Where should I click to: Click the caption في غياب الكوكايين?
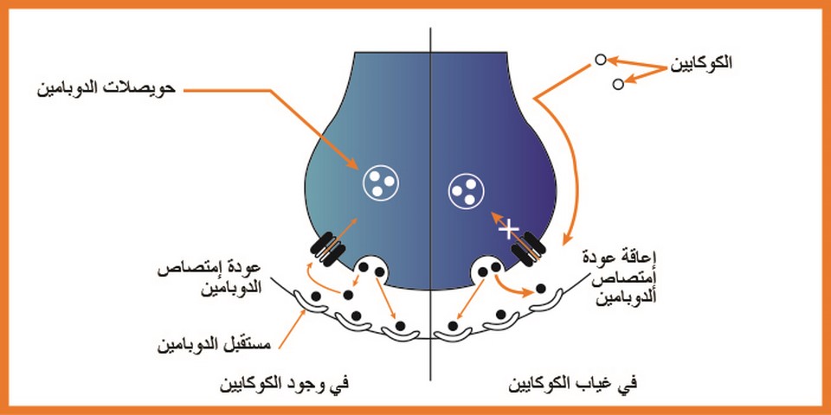point(573,384)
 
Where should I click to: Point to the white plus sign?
point(509,229)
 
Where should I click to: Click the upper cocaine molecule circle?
point(600,60)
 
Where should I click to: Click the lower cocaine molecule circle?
point(618,84)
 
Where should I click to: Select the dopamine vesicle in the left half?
point(381,182)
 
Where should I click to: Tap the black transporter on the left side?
point(327,249)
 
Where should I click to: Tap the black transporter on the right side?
point(528,249)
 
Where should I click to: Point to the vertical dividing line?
point(430,204)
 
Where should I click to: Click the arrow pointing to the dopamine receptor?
point(292,329)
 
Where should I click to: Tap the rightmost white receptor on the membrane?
point(548,301)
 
